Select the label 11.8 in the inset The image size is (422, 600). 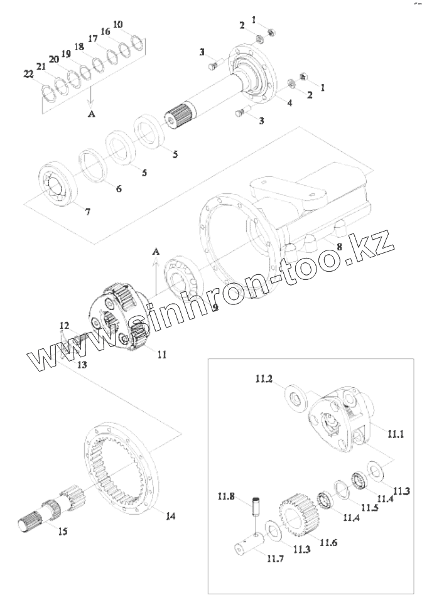point(226,495)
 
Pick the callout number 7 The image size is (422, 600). point(87,212)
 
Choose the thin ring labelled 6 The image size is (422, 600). point(94,165)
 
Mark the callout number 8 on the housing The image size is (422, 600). point(339,247)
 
